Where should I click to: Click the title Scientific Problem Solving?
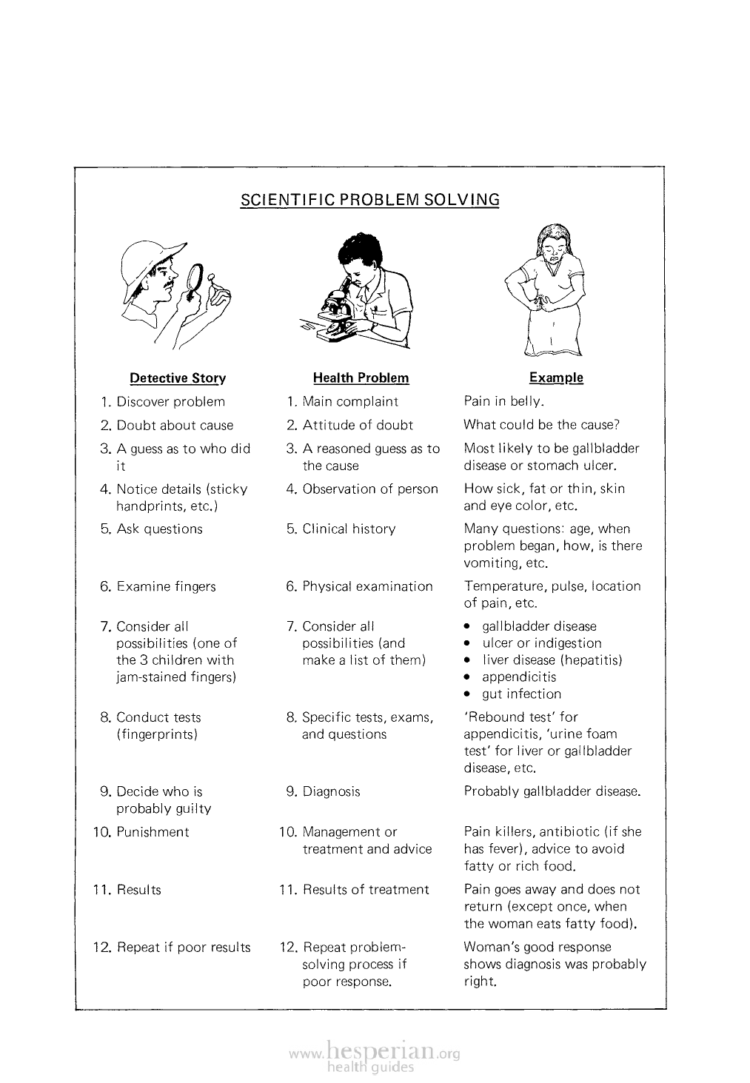coord(369,200)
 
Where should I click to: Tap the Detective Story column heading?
coord(178,378)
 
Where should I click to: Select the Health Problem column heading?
coord(361,378)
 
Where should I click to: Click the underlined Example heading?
coord(556,378)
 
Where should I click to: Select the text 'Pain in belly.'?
coord(504,402)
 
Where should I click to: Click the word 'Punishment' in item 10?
coord(153,832)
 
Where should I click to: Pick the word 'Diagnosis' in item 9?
coord(331,792)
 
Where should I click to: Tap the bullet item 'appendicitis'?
coord(519,677)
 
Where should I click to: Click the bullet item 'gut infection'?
coord(521,694)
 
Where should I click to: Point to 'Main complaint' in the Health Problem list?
coord(350,402)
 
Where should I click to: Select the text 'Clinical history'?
coord(349,529)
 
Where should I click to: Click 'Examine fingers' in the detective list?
coord(166,587)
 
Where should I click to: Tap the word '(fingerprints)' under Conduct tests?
coord(157,735)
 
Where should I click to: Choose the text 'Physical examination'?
coord(367,587)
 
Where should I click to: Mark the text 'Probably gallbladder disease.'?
coord(552,792)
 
